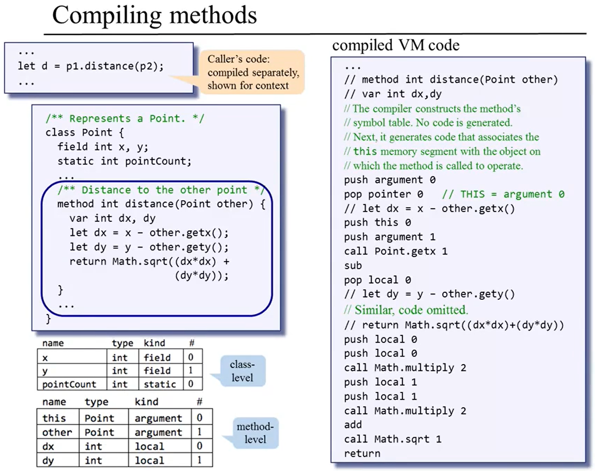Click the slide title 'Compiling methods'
[154, 15]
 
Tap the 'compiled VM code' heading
[396, 45]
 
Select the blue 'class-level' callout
[242, 371]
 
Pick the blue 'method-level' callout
[255, 433]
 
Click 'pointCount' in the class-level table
[69, 384]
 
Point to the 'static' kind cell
[160, 384]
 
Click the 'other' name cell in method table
[57, 432]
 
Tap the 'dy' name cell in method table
[48, 461]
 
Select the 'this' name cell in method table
[54, 418]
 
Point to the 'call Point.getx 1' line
[396, 251]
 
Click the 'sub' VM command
[353, 265]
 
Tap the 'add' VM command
[353, 425]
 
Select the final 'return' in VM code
[362, 453]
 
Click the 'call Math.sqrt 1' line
[392, 439]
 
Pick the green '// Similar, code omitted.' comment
[406, 310]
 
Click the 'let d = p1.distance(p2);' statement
[91, 66]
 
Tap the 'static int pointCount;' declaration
[124, 161]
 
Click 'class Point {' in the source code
[84, 133]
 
